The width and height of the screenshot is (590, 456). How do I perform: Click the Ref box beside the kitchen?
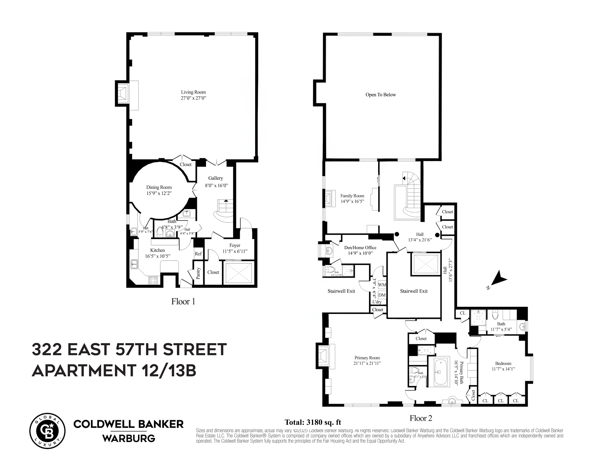click(198, 254)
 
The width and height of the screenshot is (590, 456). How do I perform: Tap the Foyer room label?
click(235, 245)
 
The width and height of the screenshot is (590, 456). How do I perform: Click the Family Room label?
click(352, 196)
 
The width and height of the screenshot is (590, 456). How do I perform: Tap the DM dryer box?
click(382, 295)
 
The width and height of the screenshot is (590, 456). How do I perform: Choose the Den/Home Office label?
click(360, 247)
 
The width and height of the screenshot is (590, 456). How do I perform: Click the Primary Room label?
click(367, 358)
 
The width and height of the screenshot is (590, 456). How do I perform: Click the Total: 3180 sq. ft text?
click(313, 422)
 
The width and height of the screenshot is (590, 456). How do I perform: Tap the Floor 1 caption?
click(183, 302)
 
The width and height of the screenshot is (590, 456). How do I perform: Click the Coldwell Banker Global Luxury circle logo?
click(47, 431)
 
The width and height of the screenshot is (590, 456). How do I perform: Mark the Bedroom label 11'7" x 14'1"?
click(503, 366)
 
